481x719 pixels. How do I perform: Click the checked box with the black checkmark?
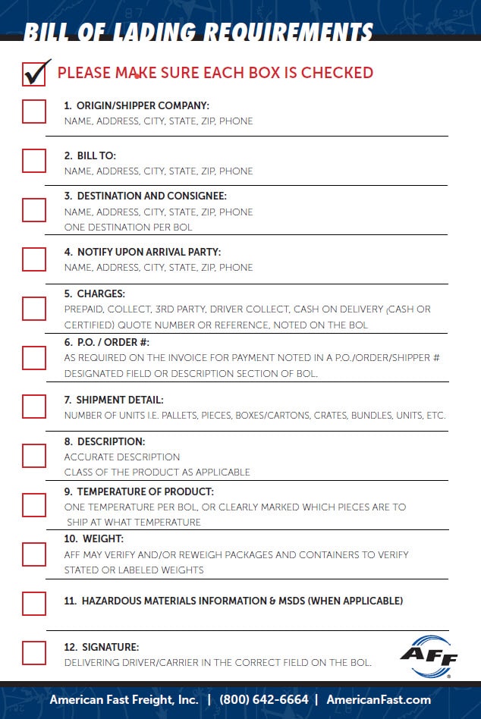coord(34,74)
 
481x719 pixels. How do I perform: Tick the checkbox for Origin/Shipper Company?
coord(34,111)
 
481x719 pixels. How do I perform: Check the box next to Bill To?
coord(34,161)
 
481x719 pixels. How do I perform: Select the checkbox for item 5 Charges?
coord(34,308)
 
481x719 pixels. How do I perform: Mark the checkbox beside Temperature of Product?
coord(34,504)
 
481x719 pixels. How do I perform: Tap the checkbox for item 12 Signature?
coord(34,653)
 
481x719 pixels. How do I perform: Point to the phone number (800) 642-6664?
coord(264,699)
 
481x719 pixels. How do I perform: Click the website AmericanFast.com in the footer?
coord(379,699)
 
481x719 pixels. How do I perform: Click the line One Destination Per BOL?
coord(127,227)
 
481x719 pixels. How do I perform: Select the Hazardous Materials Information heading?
coord(232,601)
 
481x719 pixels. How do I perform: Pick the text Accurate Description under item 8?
coord(121,457)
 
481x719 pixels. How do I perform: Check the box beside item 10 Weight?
coord(34,554)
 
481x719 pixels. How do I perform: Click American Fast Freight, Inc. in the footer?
coord(124,699)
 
